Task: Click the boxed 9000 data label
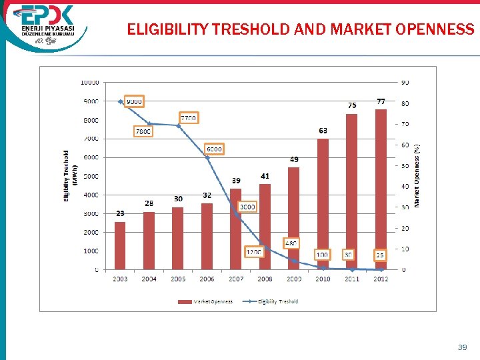pyautogui.click(x=134, y=101)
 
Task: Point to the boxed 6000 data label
pyautogui.click(x=214, y=149)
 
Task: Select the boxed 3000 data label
pyautogui.click(x=247, y=207)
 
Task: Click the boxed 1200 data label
pyautogui.click(x=254, y=253)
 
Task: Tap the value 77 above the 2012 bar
pyautogui.click(x=381, y=101)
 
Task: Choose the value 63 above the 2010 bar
pyautogui.click(x=323, y=131)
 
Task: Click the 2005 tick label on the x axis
pyautogui.click(x=178, y=279)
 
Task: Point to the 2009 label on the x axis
pyautogui.click(x=294, y=279)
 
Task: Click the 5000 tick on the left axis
pyautogui.click(x=90, y=176)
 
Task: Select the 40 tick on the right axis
pyautogui.click(x=405, y=187)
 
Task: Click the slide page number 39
pyautogui.click(x=462, y=347)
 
